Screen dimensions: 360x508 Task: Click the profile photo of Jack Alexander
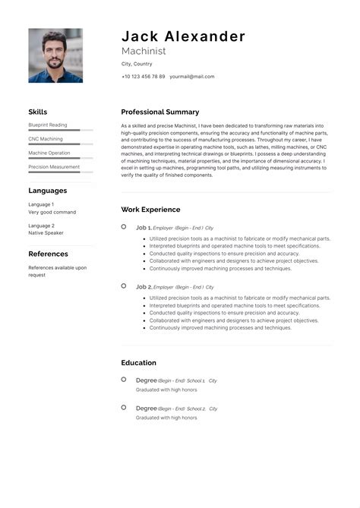(x=55, y=55)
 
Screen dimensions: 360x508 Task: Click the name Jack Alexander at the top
(x=183, y=36)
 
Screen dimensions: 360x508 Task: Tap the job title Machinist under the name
(x=144, y=51)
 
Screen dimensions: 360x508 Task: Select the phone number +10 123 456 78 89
(x=143, y=77)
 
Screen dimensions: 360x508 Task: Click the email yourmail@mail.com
(x=192, y=77)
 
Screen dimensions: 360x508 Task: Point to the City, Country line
(x=136, y=64)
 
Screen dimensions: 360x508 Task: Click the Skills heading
(x=38, y=112)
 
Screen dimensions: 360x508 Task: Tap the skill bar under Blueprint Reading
(x=60, y=131)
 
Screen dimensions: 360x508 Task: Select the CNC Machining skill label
(x=46, y=139)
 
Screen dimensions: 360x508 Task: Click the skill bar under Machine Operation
(x=60, y=159)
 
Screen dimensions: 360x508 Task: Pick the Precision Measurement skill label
(x=54, y=167)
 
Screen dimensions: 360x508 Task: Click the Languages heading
(x=48, y=191)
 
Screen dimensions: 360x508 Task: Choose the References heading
(x=49, y=254)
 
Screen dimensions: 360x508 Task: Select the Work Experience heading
(x=150, y=210)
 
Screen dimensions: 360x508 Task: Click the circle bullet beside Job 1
(x=124, y=226)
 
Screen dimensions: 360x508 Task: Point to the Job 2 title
(x=144, y=287)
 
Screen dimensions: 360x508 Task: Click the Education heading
(x=138, y=363)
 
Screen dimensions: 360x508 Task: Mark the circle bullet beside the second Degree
(x=124, y=407)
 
